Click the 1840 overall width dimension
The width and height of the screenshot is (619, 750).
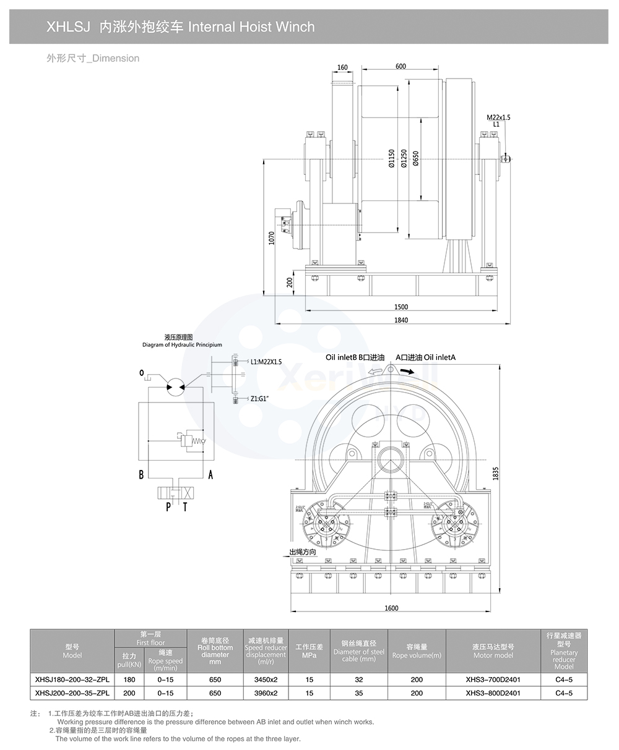click(400, 320)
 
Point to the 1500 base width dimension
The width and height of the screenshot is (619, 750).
click(400, 307)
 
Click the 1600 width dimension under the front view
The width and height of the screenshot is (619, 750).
click(391, 608)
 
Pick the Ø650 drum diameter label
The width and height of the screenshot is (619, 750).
click(416, 158)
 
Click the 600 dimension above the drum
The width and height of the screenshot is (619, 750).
click(400, 67)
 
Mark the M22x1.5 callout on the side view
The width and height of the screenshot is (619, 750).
click(498, 117)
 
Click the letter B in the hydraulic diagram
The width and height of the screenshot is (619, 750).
click(142, 475)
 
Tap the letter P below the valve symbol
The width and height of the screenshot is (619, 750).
click(168, 508)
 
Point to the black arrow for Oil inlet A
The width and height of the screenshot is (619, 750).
click(406, 371)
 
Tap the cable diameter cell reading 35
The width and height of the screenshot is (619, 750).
click(359, 693)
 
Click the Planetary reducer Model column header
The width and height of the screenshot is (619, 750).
click(564, 651)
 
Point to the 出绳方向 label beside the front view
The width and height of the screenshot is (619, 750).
click(303, 552)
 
